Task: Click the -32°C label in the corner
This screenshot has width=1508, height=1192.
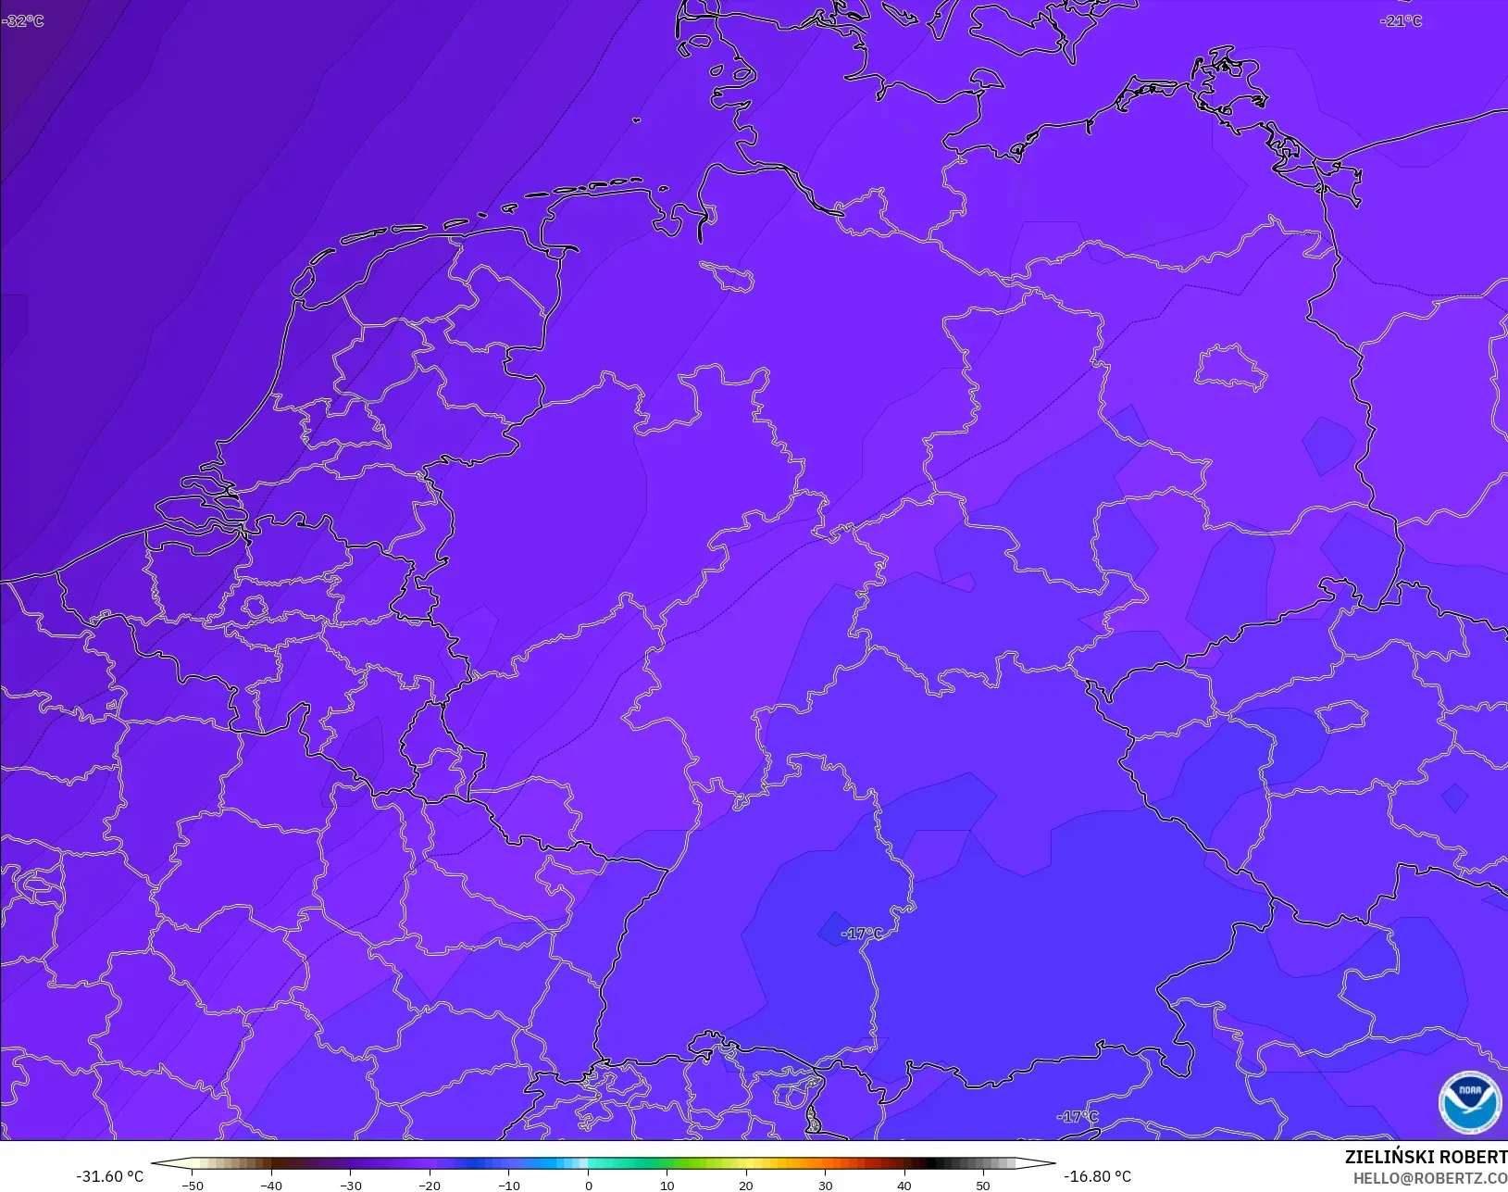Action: (23, 20)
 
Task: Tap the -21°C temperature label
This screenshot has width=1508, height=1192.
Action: (1401, 20)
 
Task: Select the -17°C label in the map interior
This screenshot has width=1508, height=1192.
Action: (862, 933)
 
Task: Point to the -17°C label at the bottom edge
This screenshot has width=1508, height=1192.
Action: (1078, 1116)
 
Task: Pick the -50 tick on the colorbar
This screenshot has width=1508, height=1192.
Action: (193, 1186)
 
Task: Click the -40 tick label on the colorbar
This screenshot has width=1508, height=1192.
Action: (271, 1186)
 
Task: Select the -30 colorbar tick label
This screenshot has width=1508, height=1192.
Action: (350, 1186)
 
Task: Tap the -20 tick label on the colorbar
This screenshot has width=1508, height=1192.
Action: (430, 1186)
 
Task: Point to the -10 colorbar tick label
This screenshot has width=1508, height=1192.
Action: (508, 1186)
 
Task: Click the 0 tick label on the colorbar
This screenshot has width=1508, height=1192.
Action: (588, 1186)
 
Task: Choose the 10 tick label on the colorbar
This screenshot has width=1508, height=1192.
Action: (667, 1186)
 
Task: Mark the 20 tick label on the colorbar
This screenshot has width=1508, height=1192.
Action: (746, 1186)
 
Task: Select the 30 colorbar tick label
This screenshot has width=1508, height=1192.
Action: (825, 1186)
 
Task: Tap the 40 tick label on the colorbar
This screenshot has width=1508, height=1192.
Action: (904, 1186)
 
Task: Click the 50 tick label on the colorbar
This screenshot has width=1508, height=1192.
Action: (983, 1186)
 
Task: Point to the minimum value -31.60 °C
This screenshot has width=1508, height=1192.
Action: (109, 1176)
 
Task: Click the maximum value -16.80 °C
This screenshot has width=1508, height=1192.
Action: (1097, 1176)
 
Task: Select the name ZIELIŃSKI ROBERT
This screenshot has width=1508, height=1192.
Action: (1426, 1158)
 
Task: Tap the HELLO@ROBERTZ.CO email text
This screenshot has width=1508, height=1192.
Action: (1430, 1178)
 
